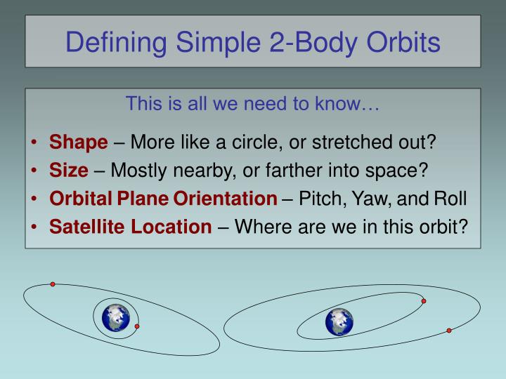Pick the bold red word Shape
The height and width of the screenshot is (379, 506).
78,142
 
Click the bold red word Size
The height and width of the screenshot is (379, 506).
68,171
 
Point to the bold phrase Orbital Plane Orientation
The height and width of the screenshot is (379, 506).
163,199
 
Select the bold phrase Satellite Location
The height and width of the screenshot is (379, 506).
129,227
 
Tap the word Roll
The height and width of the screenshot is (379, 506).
450,199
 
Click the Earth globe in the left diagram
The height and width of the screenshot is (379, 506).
115,318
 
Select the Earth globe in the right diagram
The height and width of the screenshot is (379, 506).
339,322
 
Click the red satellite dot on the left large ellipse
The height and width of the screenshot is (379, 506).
53,284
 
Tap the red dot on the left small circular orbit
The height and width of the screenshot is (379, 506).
137,326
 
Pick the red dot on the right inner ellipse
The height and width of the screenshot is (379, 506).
423,301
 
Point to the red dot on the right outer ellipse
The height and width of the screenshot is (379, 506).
449,330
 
